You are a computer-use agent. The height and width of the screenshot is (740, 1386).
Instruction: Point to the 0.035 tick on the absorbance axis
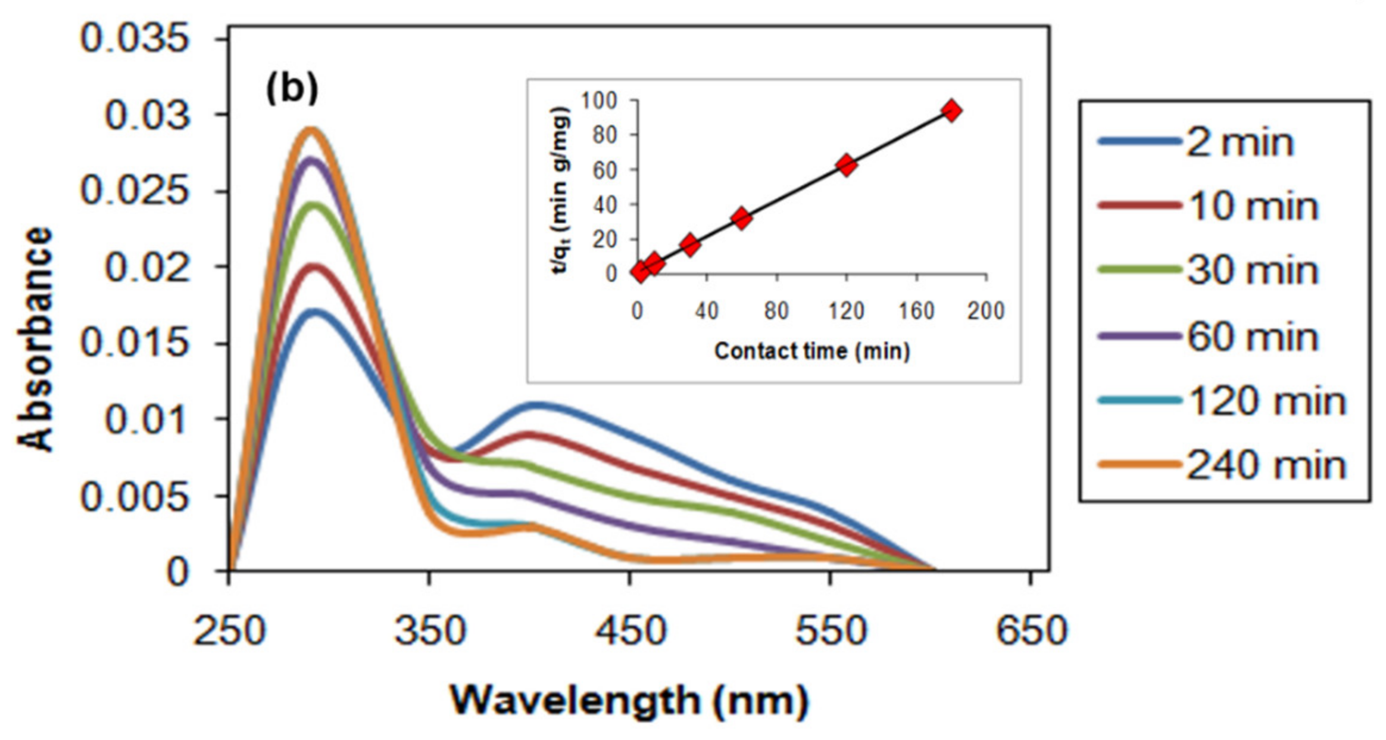(135, 39)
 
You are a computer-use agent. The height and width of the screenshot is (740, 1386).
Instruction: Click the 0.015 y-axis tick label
(135, 344)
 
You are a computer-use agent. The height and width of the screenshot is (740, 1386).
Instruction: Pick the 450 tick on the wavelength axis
(630, 631)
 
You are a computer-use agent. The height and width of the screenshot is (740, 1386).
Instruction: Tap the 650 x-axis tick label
(1031, 631)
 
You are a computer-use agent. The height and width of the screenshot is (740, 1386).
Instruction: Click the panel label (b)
(292, 89)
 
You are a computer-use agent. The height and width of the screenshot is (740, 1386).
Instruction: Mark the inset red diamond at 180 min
(951, 111)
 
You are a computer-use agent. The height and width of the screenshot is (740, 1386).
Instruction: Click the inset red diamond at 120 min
(846, 165)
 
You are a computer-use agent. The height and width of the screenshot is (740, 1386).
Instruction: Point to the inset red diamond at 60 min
(741, 219)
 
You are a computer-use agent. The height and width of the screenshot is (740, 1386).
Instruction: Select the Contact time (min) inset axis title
(812, 352)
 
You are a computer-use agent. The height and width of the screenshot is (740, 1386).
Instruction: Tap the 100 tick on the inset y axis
(599, 100)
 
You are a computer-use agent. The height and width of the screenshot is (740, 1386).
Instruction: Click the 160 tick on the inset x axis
(916, 311)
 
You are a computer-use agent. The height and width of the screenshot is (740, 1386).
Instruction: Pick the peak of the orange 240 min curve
(310, 130)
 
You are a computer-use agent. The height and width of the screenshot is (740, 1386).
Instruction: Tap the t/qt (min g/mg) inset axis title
(560, 189)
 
